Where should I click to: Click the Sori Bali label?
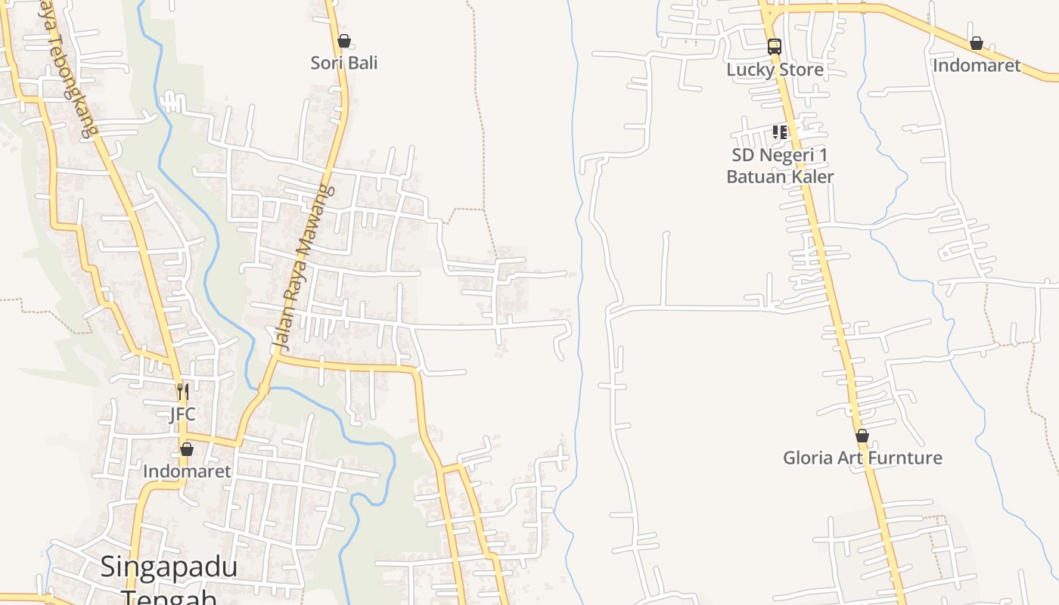pyautogui.click(x=344, y=63)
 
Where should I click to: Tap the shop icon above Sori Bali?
pyautogui.click(x=344, y=41)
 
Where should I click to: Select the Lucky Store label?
pyautogui.click(x=775, y=70)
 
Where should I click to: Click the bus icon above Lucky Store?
pyautogui.click(x=774, y=46)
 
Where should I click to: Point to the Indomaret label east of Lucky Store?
pyautogui.click(x=977, y=66)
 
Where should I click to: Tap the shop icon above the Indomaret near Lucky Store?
pyautogui.click(x=977, y=43)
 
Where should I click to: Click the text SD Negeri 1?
pyautogui.click(x=780, y=156)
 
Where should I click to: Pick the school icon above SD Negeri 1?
pyautogui.click(x=780, y=133)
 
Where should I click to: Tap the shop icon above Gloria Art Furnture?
pyautogui.click(x=862, y=436)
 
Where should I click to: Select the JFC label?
pyautogui.click(x=182, y=414)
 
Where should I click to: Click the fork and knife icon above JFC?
pyautogui.click(x=182, y=392)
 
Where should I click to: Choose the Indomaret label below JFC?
pyautogui.click(x=187, y=471)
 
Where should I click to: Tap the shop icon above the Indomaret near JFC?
pyautogui.click(x=187, y=449)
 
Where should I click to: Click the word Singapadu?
pyautogui.click(x=169, y=566)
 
